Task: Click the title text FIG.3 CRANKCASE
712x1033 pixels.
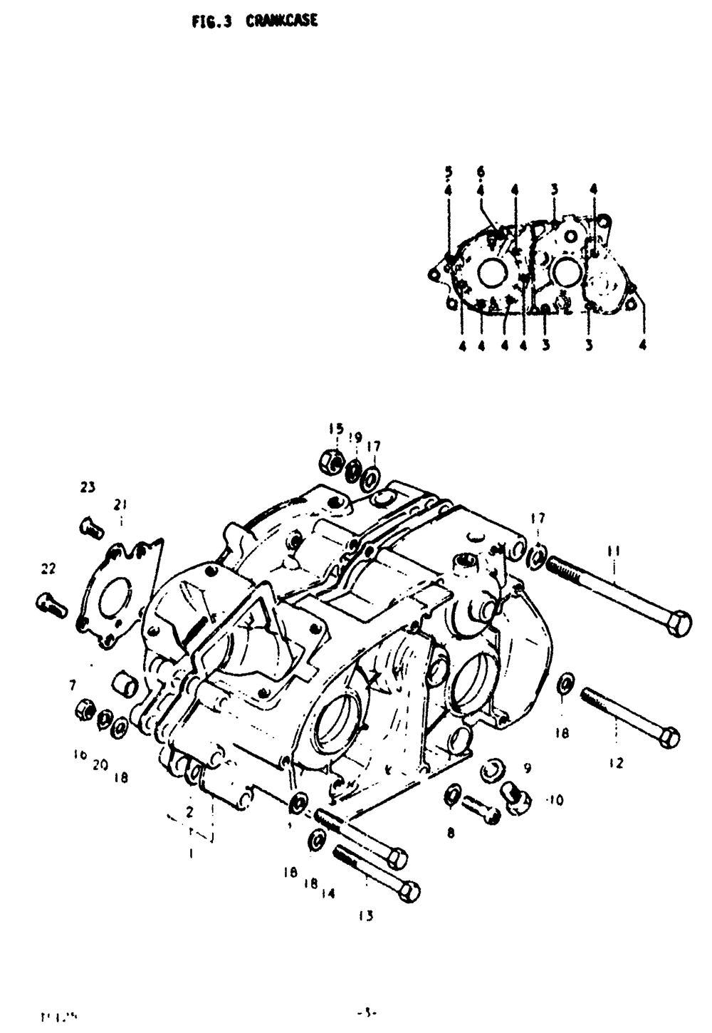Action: pos(254,21)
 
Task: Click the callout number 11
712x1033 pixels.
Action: pos(613,550)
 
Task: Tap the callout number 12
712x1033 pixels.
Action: pos(616,763)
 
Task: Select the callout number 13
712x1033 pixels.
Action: pos(365,916)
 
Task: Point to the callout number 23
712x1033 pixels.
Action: pos(88,487)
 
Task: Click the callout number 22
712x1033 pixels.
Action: pos(48,569)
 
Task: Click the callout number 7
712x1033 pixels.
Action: pos(72,686)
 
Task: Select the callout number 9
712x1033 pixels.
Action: pos(527,768)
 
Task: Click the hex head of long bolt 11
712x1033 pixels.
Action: pos(680,624)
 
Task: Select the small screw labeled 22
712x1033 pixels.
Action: pos(51,606)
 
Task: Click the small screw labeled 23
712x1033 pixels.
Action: pos(90,528)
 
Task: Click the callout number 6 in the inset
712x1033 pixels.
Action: pos(481,172)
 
